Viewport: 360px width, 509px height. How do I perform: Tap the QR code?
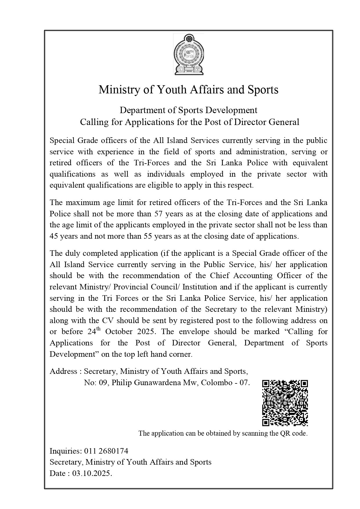tap(285, 403)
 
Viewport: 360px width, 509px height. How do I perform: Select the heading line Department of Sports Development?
tap(189, 110)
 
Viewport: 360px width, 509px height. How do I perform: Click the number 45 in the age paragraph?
tap(54, 236)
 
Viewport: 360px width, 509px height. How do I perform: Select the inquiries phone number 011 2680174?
tap(106, 451)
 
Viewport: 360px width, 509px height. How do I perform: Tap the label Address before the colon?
tap(64, 371)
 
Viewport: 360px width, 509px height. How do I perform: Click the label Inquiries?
tap(66, 451)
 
